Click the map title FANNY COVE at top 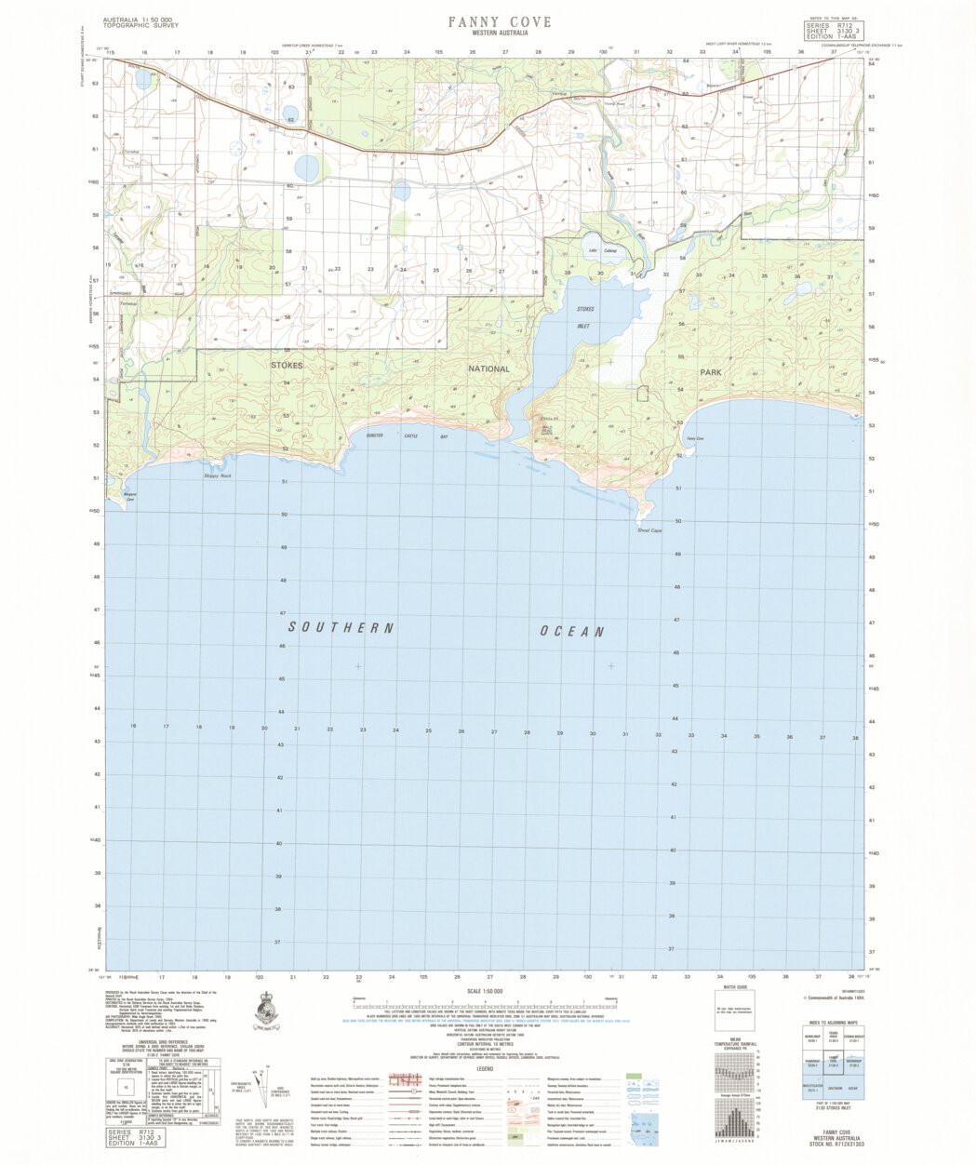click(x=499, y=22)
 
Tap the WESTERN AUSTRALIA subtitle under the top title click(x=499, y=33)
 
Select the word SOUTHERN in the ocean click(x=341, y=628)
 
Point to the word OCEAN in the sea click(x=573, y=632)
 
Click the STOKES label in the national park click(x=287, y=367)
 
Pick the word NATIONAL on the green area click(x=488, y=368)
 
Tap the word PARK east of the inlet click(x=711, y=371)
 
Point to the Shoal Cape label click(x=648, y=530)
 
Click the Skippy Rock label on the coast click(x=216, y=476)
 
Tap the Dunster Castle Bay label click(x=407, y=435)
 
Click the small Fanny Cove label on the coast click(x=694, y=438)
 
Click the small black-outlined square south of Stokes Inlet click(x=642, y=394)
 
